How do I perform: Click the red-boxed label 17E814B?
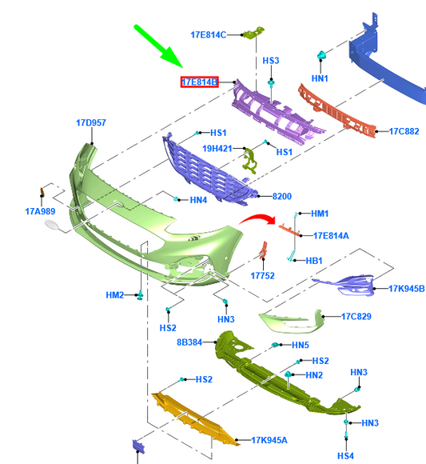[200, 82]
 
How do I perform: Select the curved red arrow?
[258, 219]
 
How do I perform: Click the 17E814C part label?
[208, 35]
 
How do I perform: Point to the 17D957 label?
[91, 123]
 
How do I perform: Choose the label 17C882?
[404, 131]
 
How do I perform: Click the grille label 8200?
[281, 196]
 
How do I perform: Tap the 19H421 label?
[217, 148]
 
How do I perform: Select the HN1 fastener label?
[320, 78]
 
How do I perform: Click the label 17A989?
[40, 211]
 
